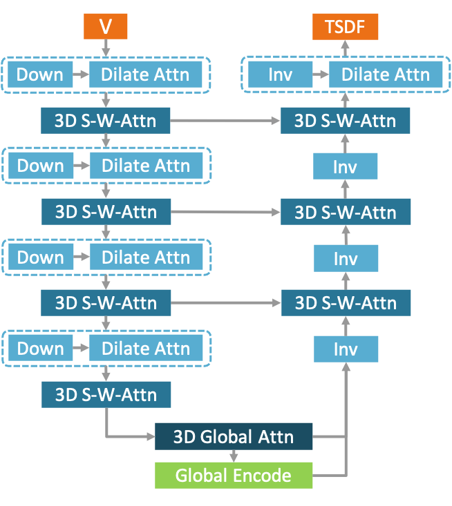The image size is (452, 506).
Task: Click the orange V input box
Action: point(106,27)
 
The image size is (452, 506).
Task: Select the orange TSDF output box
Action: point(345,27)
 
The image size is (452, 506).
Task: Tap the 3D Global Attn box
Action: point(233,436)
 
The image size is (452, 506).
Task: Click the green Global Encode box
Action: point(233,476)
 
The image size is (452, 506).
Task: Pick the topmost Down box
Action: point(40,75)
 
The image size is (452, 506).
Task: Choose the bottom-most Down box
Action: point(40,349)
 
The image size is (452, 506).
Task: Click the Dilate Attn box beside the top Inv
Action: point(386,75)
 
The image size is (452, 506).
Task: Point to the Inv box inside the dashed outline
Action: point(280,75)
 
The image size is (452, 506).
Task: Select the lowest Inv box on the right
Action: point(345,349)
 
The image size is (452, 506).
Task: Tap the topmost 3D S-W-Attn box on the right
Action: point(345,121)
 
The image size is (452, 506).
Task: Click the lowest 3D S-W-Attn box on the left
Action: point(106,395)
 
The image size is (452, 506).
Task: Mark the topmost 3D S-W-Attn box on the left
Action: point(106,121)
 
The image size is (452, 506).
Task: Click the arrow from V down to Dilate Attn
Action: point(106,49)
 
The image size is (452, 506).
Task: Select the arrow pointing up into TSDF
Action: point(345,48)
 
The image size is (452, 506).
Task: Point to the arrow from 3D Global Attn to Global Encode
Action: point(233,456)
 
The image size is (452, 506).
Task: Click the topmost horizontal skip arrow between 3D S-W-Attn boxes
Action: point(225,121)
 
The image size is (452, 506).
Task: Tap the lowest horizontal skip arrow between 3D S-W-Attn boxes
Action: point(225,302)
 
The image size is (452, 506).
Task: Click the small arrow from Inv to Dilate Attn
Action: point(320,75)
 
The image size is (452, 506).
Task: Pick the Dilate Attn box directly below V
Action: point(145,75)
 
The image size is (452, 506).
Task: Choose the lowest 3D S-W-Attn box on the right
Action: point(345,302)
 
